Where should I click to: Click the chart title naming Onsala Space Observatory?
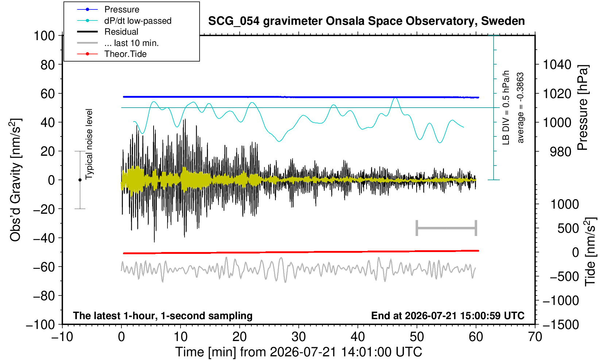[x=366, y=21]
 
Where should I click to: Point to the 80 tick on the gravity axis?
[x=48, y=65]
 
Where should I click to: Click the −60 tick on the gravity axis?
[x=44, y=267]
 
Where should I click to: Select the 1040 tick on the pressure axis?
[x=557, y=65]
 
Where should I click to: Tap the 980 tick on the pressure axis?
[x=560, y=152]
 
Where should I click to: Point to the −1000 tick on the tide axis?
[x=561, y=301]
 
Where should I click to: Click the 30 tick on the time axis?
[x=298, y=337]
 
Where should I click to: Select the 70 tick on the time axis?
[x=535, y=337]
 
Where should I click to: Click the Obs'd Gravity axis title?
[x=15, y=180]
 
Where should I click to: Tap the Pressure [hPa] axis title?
[x=583, y=108]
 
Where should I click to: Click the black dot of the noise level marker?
[x=80, y=180]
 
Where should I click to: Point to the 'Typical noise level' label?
[x=89, y=144]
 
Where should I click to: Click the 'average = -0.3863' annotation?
[x=520, y=108]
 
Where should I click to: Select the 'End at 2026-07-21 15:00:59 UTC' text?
[x=448, y=316]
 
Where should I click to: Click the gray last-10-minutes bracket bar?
[x=447, y=228]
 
